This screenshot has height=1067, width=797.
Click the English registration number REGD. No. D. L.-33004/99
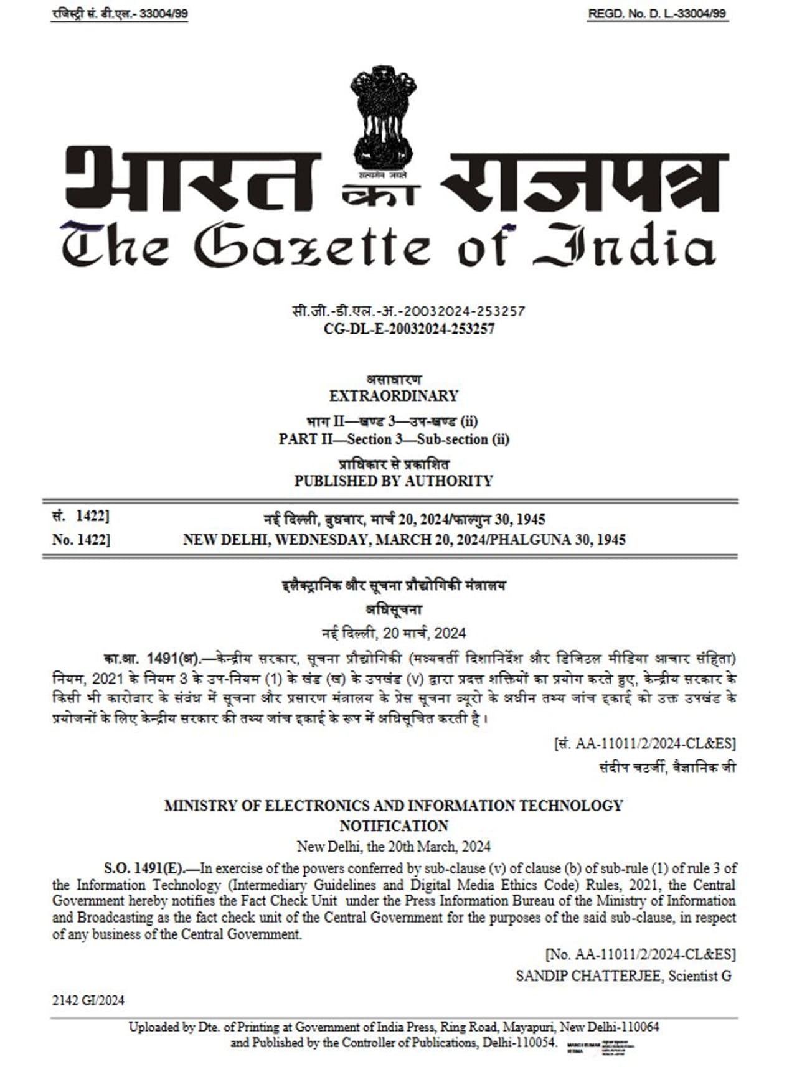(x=657, y=14)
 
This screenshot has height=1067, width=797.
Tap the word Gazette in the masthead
(x=311, y=246)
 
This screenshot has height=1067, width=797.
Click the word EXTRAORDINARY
(x=394, y=395)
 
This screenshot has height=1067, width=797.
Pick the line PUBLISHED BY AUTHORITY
(x=394, y=481)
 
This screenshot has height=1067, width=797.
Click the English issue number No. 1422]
(x=81, y=539)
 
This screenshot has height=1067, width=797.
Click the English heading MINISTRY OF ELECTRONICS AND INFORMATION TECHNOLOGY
(x=394, y=805)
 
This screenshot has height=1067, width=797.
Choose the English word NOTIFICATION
(x=394, y=825)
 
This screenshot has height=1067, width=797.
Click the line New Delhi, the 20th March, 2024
(x=394, y=846)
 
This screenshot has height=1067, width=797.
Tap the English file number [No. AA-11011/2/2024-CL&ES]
(x=640, y=954)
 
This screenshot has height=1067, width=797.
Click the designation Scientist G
(x=700, y=975)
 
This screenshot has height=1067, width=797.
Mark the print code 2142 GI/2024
(x=88, y=1000)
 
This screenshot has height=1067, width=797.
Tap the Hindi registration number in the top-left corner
(x=120, y=14)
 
